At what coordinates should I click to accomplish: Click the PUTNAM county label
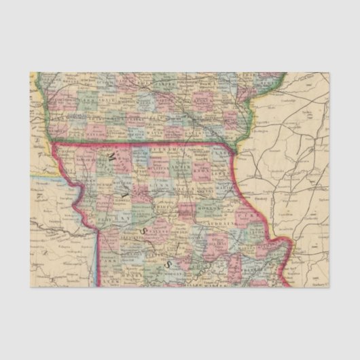(x=162, y=148)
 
